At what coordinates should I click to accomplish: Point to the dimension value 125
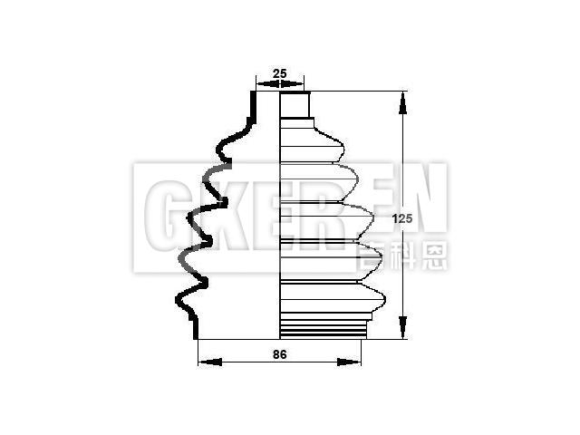402,217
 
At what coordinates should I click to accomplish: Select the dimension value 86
279,355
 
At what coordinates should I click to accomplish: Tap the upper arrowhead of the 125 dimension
402,97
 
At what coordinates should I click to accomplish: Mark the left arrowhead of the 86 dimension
205,362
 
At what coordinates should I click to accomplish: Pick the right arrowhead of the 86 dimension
355,362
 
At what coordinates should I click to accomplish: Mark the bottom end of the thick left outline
197,336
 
